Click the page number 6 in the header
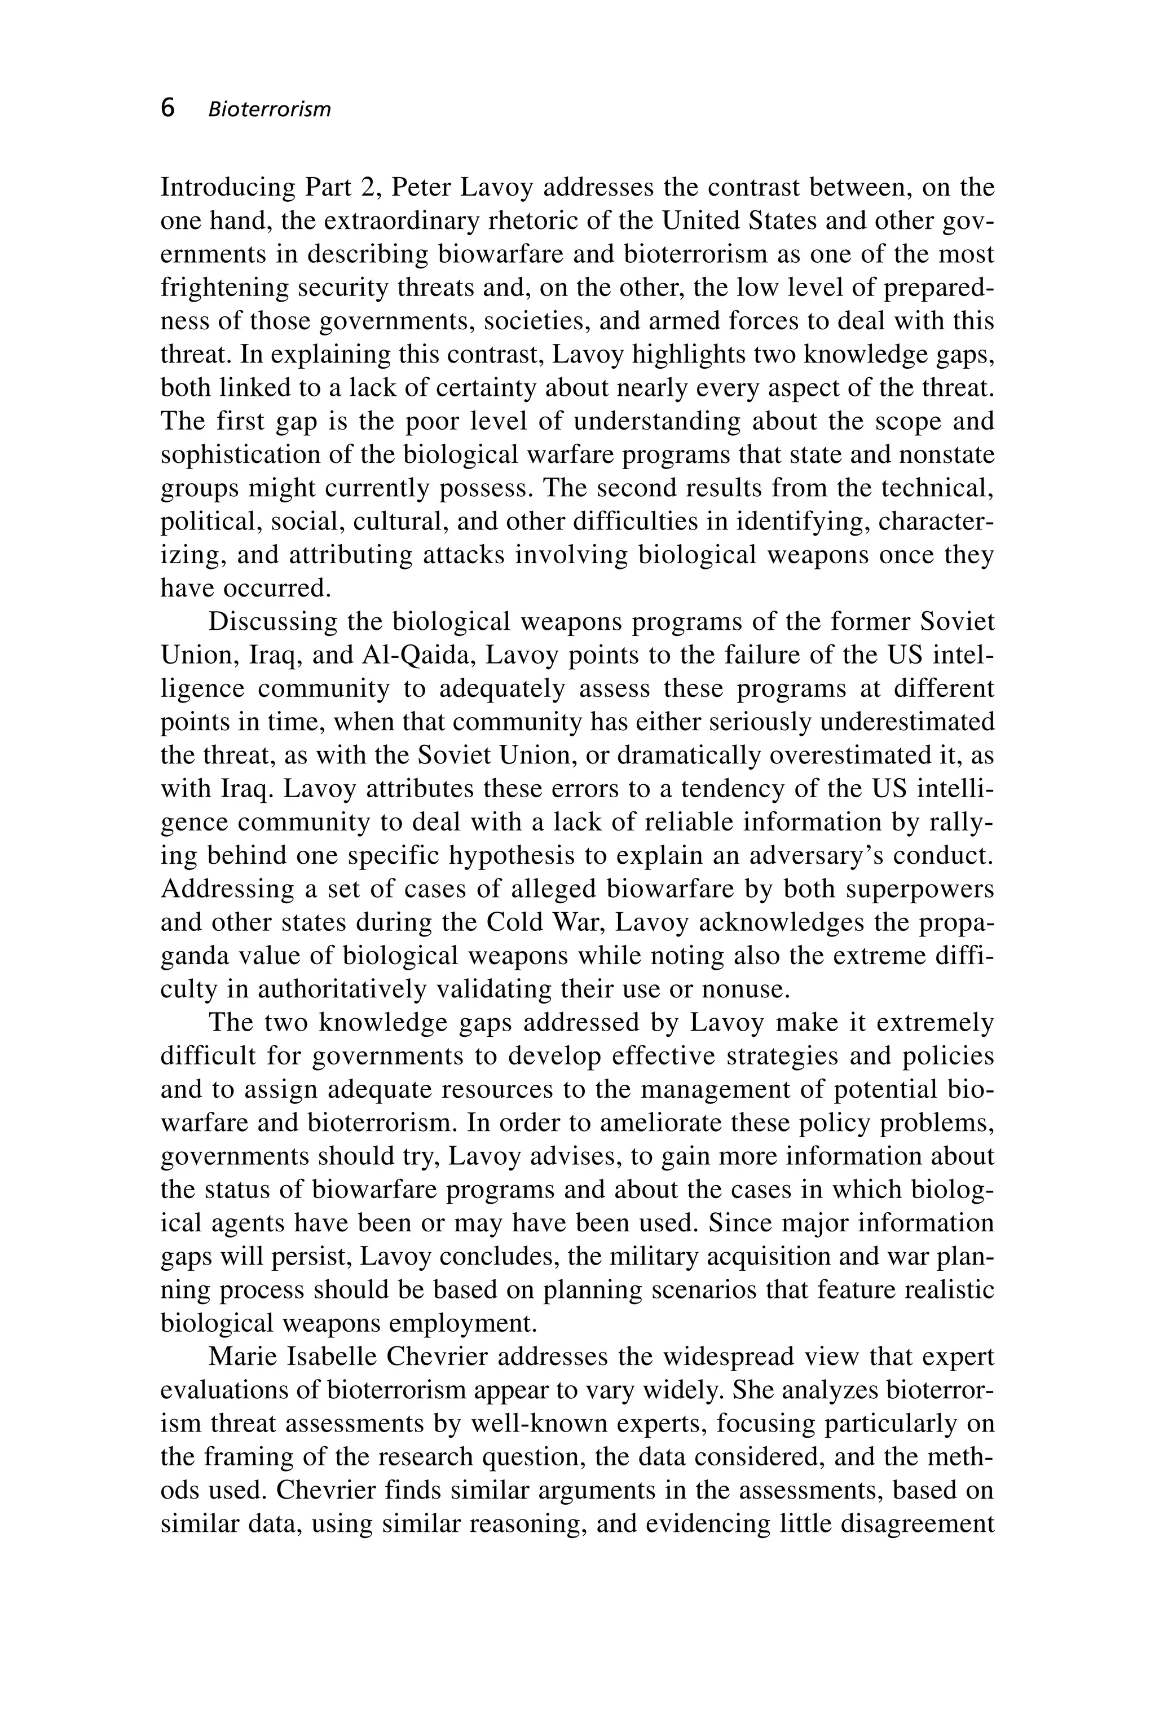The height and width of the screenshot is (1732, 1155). pos(168,108)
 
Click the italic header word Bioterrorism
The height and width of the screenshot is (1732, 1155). pos(270,110)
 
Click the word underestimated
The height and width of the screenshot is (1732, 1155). pos(907,722)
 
